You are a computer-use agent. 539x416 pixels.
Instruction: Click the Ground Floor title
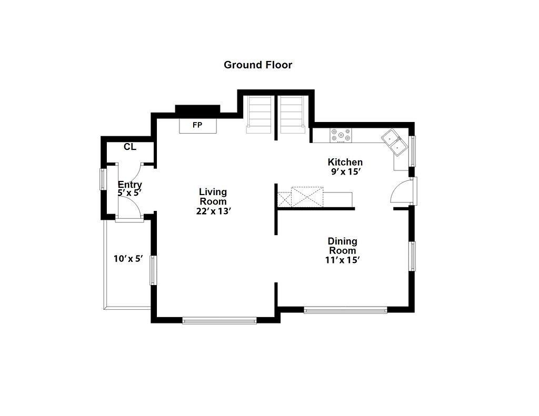coord(258,65)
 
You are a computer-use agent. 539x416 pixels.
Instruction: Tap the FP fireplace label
coord(197,125)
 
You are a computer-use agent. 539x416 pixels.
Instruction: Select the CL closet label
coord(130,147)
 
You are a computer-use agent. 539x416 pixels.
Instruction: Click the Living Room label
coord(213,197)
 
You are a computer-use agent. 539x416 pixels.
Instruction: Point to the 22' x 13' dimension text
coord(213,211)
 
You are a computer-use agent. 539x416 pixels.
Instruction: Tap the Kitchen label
coord(345,162)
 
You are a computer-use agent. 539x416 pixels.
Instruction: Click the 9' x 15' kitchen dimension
coord(345,172)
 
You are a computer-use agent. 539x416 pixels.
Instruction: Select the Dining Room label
coord(342,246)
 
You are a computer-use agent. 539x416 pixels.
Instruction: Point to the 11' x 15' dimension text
coord(342,260)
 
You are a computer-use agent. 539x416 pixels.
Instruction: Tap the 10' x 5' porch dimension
coord(128,259)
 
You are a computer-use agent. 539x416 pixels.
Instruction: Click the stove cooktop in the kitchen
coord(341,135)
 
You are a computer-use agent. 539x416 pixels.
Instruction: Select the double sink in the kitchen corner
coord(394,142)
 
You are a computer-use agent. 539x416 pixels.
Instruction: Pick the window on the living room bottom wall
coord(219,321)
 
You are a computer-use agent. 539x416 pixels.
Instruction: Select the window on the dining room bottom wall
coord(345,310)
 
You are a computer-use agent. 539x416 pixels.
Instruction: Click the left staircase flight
coord(259,115)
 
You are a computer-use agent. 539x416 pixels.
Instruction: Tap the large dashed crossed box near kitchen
coord(307,197)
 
